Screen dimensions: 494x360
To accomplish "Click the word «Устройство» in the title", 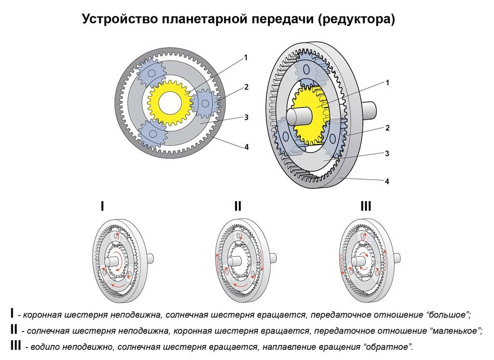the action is [120, 19].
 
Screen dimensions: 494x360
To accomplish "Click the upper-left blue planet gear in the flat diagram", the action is [151, 73].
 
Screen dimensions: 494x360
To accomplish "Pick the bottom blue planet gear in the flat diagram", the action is [153, 133].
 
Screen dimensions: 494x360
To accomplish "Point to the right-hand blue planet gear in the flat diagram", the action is [206, 103].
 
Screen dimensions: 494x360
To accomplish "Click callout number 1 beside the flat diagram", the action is [246, 58].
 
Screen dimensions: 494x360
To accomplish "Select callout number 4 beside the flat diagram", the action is [247, 147].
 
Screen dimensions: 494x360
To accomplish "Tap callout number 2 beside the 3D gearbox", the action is [387, 128].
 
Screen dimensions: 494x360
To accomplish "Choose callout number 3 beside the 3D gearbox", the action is [387, 153].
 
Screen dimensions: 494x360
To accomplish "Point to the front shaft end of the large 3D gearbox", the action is [297, 116].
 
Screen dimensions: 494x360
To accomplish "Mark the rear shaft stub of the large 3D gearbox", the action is [369, 111].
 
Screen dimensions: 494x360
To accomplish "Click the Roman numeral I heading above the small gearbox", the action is [102, 207].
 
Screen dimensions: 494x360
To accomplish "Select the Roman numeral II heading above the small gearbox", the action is [238, 207].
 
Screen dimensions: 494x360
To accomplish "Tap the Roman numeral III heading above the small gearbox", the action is [366, 207].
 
